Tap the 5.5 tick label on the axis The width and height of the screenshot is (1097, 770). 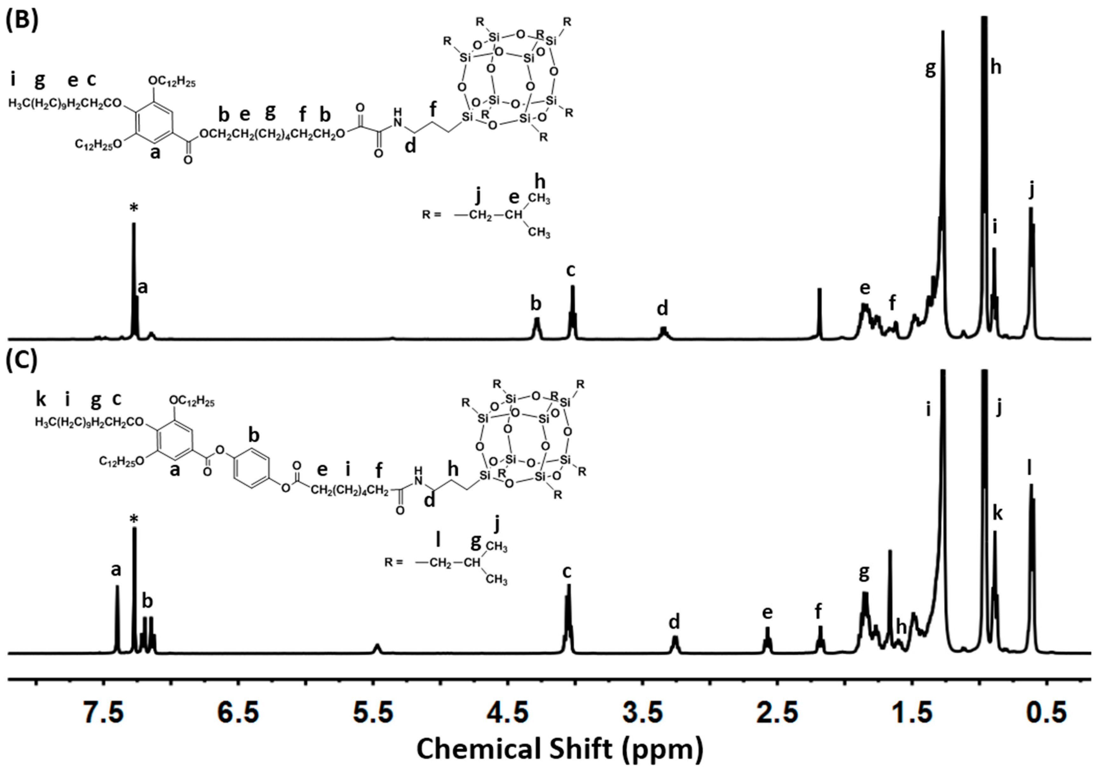point(374,713)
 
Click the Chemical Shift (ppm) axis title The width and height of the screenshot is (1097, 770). point(560,749)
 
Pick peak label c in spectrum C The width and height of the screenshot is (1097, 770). point(567,572)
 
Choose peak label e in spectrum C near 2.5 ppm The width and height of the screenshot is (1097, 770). point(767,612)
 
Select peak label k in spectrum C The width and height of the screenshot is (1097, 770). point(997,513)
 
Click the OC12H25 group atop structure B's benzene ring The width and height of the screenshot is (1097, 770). point(172,82)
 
